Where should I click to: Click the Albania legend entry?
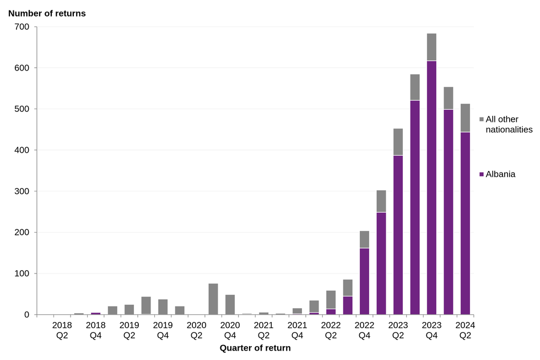[x=500, y=174]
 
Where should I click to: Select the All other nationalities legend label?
[x=509, y=125]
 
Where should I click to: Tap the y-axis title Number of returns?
[x=47, y=13]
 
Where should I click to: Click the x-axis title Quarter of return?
[x=255, y=348]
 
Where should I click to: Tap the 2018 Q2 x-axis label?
[x=62, y=330]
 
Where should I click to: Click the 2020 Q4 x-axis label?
[x=230, y=330]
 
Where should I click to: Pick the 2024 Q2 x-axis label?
[x=465, y=330]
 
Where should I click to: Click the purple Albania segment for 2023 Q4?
[x=431, y=187]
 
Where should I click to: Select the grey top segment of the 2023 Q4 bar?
[x=431, y=47]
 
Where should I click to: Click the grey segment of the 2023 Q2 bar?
[x=398, y=142]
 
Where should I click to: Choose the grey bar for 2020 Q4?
[x=230, y=304]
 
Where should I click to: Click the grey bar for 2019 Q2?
[x=129, y=309]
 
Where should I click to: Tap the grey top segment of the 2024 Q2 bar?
[x=465, y=117]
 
